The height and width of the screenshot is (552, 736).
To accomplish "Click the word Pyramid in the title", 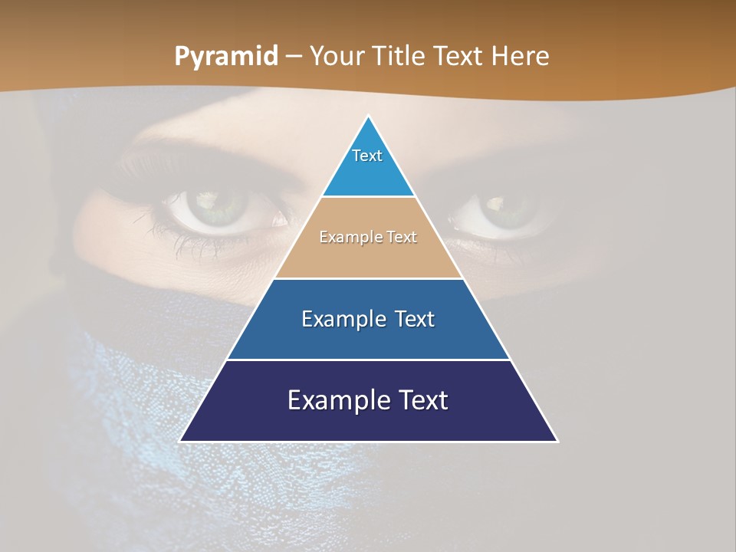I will (x=226, y=57).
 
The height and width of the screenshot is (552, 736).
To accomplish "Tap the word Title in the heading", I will (x=398, y=57).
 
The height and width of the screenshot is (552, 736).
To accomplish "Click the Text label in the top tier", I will (x=367, y=156).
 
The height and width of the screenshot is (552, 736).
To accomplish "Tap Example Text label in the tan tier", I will (x=368, y=237).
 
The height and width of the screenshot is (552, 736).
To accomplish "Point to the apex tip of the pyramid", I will (x=369, y=117).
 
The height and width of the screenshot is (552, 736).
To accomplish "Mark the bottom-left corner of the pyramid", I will (x=181, y=441).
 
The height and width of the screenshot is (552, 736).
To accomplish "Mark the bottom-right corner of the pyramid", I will (x=557, y=441).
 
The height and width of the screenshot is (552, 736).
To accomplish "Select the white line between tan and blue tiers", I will (x=368, y=278).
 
